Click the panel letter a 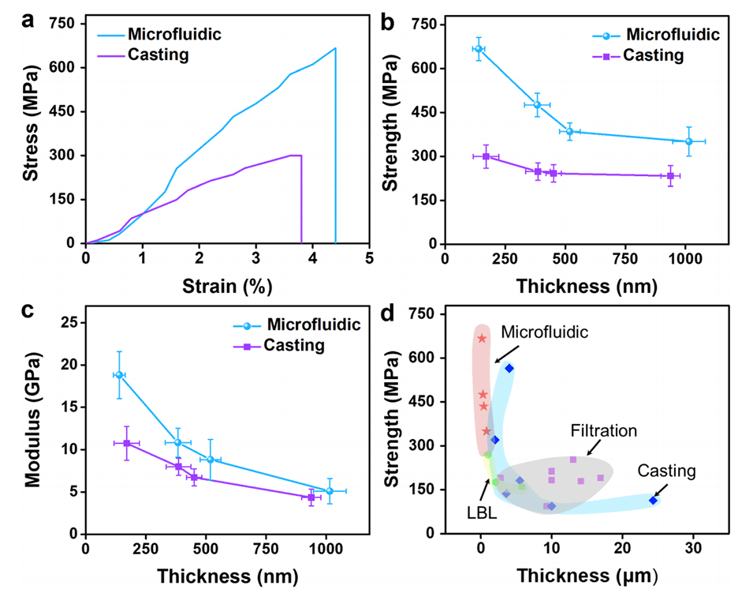pyautogui.click(x=28, y=21)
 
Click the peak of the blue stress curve pyautogui.click(x=335, y=48)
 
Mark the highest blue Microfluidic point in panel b pyautogui.click(x=478, y=49)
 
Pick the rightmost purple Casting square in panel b pyautogui.click(x=670, y=175)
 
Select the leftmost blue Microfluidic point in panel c pyautogui.click(x=119, y=375)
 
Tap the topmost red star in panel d pyautogui.click(x=482, y=339)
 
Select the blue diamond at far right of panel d pyautogui.click(x=653, y=500)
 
